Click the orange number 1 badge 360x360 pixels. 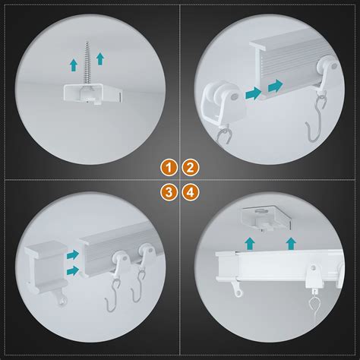pyautogui.click(x=169, y=167)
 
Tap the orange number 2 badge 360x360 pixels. pyautogui.click(x=191, y=167)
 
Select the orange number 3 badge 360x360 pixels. pyautogui.click(x=169, y=192)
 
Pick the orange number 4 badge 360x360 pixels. pyautogui.click(x=191, y=192)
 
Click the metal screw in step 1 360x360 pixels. pyautogui.click(x=87, y=65)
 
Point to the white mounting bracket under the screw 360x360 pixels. pyautogui.click(x=93, y=94)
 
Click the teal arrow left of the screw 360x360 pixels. pyautogui.click(x=74, y=65)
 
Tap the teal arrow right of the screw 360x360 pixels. pyautogui.click(x=100, y=58)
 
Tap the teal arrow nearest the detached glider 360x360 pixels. pyautogui.click(x=253, y=93)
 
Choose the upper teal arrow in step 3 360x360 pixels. pyautogui.click(x=73, y=254)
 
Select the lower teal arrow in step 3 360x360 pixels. pyautogui.click(x=73, y=271)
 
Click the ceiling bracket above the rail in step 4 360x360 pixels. pyautogui.click(x=266, y=217)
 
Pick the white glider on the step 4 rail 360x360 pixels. pyautogui.click(x=313, y=276)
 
